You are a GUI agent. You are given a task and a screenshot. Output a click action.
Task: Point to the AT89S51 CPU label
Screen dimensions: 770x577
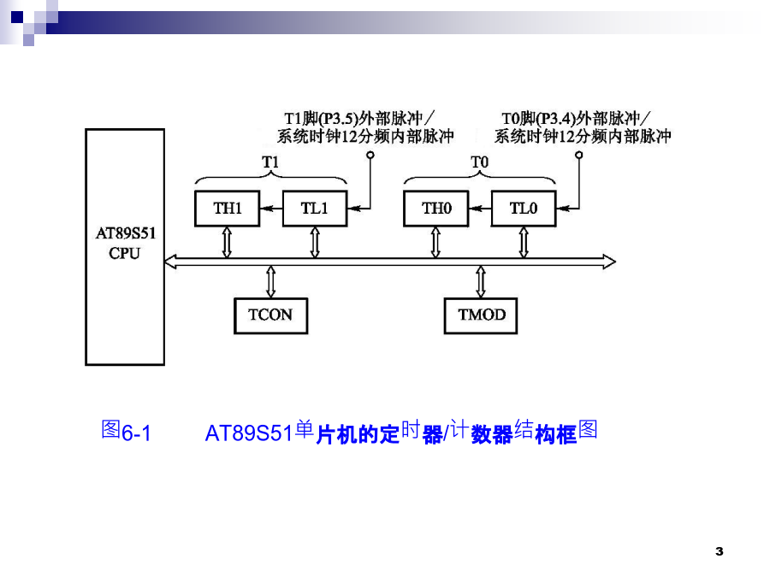tap(125, 243)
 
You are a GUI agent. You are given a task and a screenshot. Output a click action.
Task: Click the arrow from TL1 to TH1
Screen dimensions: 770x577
tap(271, 209)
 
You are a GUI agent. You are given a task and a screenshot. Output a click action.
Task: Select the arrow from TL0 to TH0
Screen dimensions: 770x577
tap(480, 209)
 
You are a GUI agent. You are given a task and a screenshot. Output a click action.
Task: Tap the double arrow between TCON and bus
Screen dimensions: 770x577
tap(270, 281)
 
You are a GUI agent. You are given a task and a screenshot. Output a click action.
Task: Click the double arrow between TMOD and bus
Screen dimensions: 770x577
tap(481, 281)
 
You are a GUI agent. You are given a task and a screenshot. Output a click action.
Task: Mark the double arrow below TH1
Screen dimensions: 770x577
tap(227, 242)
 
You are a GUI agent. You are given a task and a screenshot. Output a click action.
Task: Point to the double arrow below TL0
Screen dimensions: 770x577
tap(524, 242)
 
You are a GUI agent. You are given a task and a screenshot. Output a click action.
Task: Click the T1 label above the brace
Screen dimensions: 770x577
tap(270, 162)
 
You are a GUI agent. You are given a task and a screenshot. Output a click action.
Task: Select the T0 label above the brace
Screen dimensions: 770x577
tap(479, 162)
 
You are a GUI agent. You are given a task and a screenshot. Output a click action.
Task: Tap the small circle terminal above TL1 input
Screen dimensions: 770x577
tap(370, 155)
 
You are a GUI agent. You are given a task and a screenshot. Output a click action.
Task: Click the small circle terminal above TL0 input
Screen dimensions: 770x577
tap(579, 155)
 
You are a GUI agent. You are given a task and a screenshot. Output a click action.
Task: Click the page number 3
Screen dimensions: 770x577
tap(720, 551)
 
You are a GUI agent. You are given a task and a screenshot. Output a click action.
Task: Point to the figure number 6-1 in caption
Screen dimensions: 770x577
tap(136, 433)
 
